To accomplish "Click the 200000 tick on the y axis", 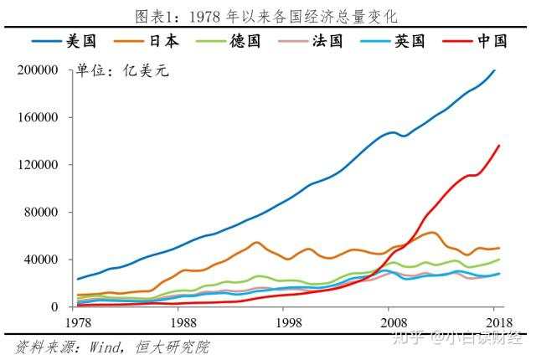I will pos(38,70).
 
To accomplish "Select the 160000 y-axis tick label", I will pos(38,118).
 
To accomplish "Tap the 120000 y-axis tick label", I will pos(38,165).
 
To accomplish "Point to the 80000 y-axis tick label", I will pos(41,213).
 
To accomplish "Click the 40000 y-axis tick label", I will pos(41,260).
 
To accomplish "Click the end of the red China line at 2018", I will pos(499,146).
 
